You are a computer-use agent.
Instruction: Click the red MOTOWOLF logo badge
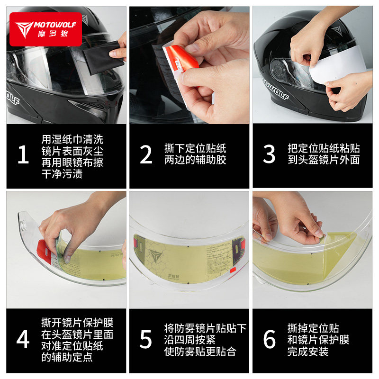pos(45,29)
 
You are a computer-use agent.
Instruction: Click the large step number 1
pos(23,155)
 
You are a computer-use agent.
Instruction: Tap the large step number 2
pos(146,155)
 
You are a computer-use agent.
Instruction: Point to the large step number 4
pos(23,339)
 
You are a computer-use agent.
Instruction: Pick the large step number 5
pos(146,339)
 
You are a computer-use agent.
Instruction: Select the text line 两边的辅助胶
pos(195,160)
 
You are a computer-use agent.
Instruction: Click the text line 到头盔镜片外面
pos(324,160)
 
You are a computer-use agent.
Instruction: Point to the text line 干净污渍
pos(62,174)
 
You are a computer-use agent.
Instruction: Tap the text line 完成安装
pos(308,352)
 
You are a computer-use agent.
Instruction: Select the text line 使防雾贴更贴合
pos(200,352)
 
